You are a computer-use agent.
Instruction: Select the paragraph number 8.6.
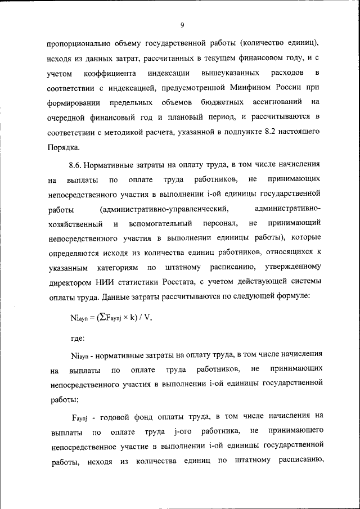click(x=77, y=165)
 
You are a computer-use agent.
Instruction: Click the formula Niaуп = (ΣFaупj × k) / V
click(x=111, y=317)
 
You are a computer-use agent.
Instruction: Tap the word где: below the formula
click(x=78, y=338)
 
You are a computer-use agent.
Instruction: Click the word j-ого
click(x=177, y=431)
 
